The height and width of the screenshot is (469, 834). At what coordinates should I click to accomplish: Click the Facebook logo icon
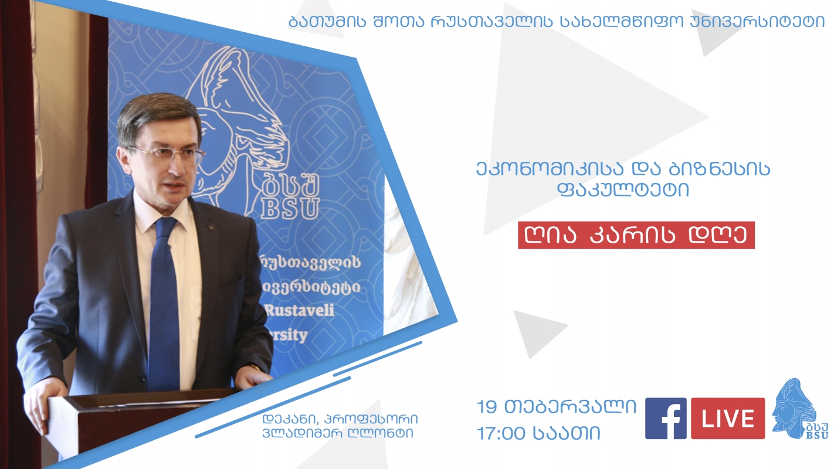[666, 419]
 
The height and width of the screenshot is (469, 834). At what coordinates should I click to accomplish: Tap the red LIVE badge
[728, 419]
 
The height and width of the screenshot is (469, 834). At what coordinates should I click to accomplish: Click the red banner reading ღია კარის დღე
[636, 235]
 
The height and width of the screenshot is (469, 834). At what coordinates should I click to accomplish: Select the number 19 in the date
[487, 407]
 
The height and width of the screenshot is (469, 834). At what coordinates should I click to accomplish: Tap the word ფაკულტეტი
[623, 189]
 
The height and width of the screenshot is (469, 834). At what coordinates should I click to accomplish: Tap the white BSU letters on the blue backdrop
[290, 209]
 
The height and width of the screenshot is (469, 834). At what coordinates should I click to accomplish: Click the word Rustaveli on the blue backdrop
[300, 310]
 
